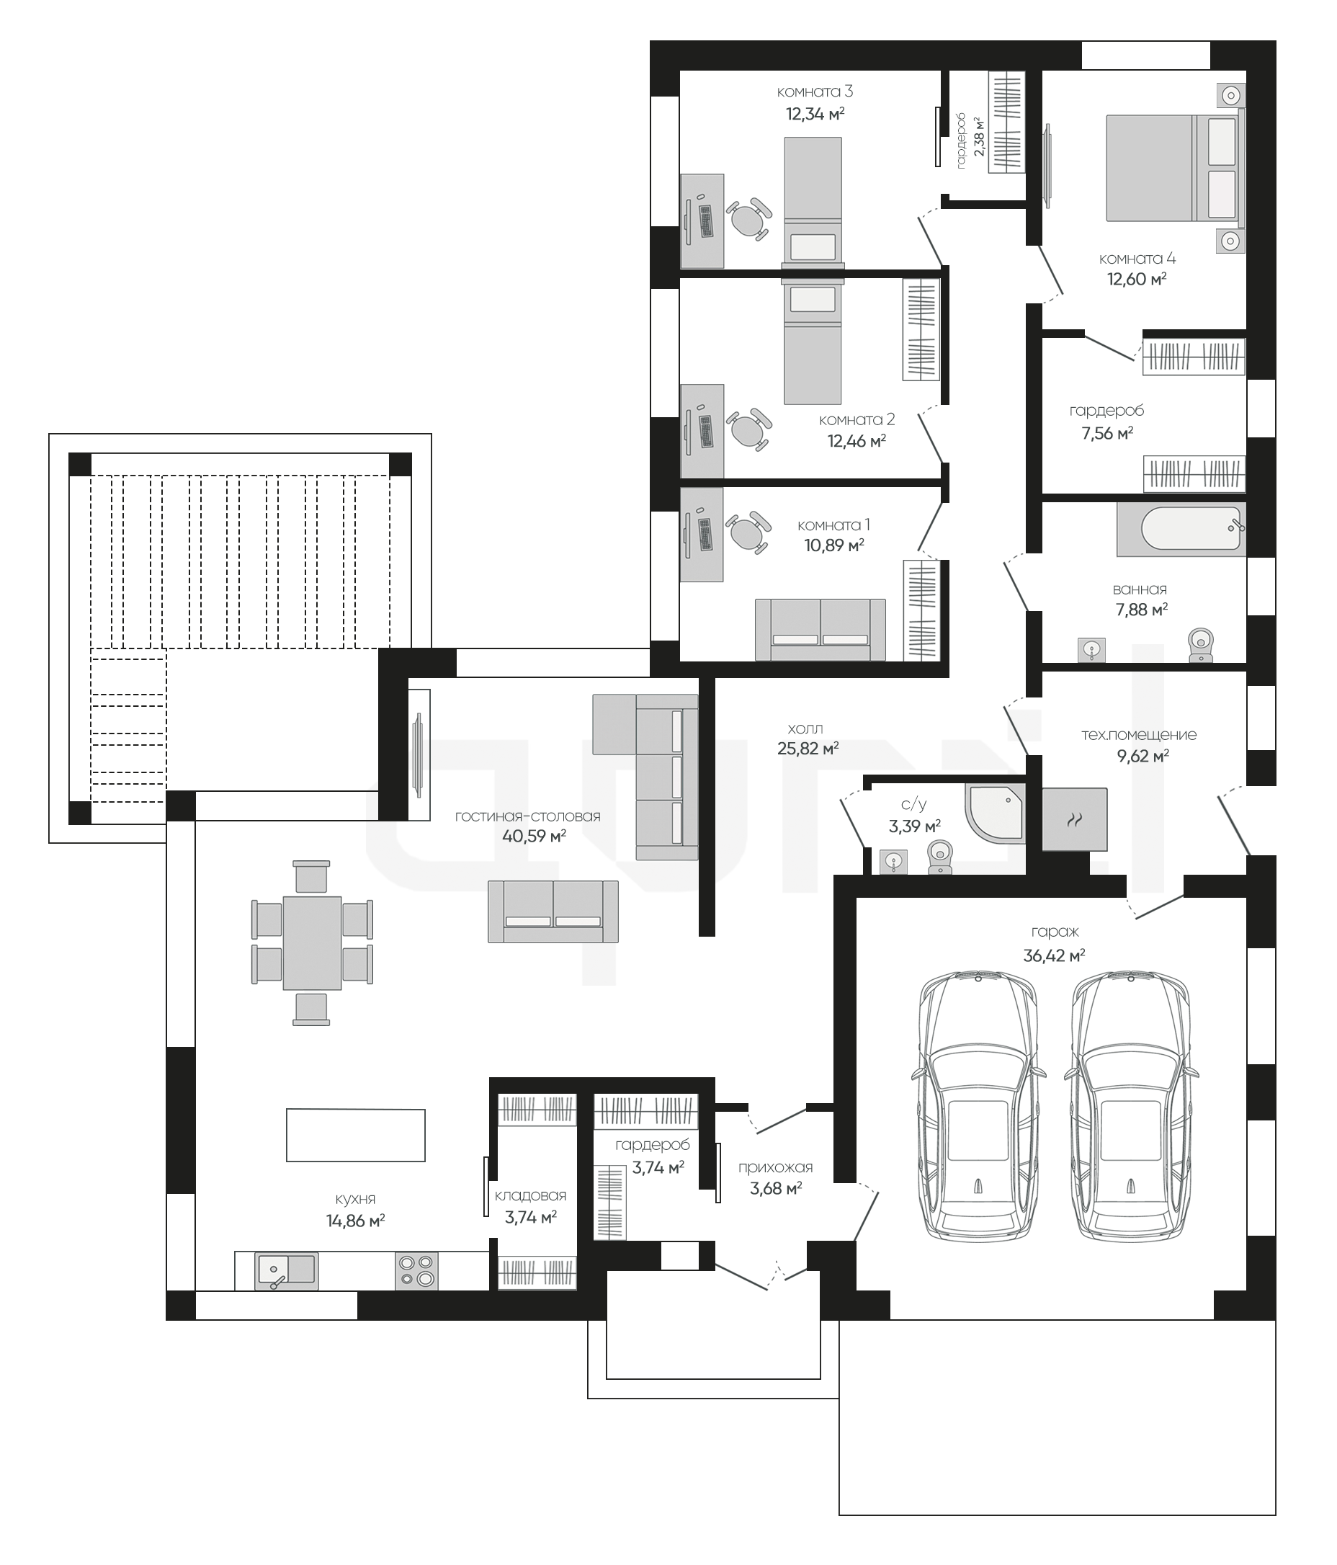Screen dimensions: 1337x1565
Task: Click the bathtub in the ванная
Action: (1181, 529)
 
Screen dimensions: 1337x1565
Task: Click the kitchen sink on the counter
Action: (286, 1270)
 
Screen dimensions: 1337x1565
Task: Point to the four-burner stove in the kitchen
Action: (416, 1270)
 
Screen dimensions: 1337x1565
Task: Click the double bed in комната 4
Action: (1175, 168)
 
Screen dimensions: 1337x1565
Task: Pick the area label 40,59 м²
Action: (534, 835)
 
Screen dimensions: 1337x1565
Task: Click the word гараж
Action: (1055, 933)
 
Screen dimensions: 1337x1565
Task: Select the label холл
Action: (805, 729)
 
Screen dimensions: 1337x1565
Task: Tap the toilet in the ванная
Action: (1200, 645)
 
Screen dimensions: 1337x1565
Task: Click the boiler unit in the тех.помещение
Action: (1075, 819)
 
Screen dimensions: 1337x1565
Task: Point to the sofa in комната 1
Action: (820, 630)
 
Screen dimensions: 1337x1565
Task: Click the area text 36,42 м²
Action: (1054, 955)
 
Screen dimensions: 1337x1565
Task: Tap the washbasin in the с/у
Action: (894, 861)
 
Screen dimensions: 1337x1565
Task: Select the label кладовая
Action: (531, 1195)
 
